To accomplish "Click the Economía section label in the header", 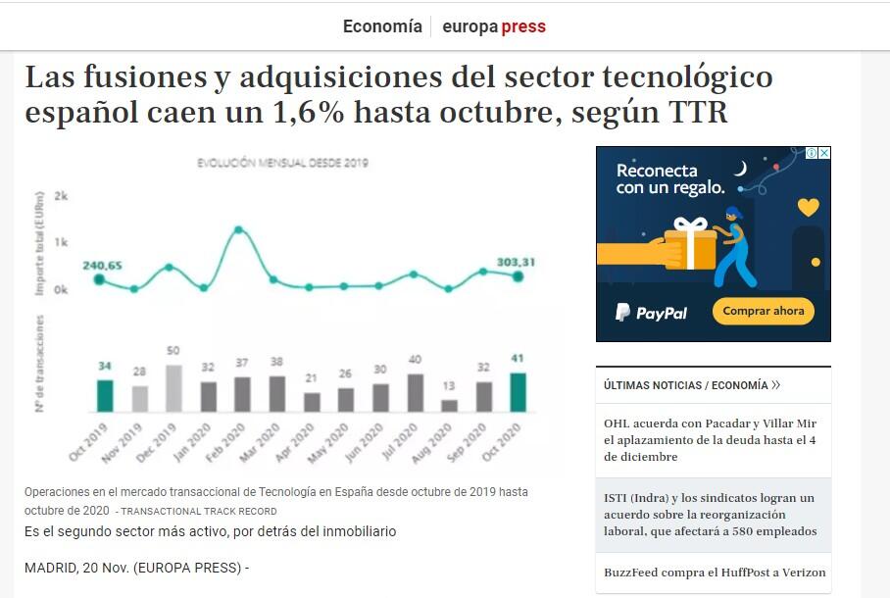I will click(x=382, y=26).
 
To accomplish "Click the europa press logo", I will click(x=494, y=26).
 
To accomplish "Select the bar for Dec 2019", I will click(x=173, y=388).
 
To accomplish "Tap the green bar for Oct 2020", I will click(x=519, y=392).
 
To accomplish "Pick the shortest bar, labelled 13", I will click(x=450, y=405).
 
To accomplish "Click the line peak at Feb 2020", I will click(x=238, y=230).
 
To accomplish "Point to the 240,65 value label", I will click(x=102, y=266).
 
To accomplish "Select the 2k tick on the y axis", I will click(x=61, y=196).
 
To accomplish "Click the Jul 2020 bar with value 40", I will click(x=416, y=392).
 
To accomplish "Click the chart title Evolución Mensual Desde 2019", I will click(x=283, y=163).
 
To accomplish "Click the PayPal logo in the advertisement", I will click(x=651, y=313).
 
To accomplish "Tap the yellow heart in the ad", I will click(x=808, y=207).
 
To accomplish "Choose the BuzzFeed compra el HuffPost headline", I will click(x=715, y=573).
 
